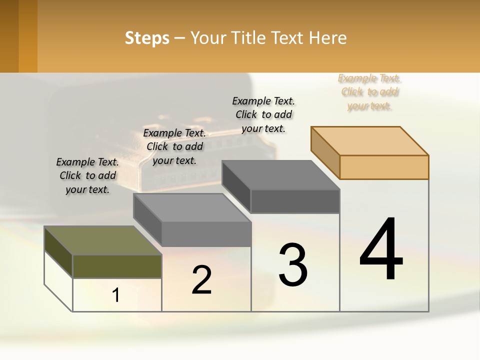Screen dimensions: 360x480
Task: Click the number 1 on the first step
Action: tap(116, 295)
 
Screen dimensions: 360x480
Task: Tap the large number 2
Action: tap(201, 279)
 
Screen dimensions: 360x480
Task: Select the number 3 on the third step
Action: tap(293, 264)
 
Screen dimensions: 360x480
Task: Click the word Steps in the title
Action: tap(147, 38)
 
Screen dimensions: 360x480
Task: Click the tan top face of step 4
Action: tap(369, 140)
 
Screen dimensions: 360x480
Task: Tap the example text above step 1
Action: tap(87, 175)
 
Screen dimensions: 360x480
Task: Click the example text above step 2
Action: tap(174, 146)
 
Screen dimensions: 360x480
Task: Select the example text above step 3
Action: tap(263, 114)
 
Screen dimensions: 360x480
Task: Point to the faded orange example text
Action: tap(369, 92)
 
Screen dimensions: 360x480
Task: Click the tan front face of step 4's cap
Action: tap(384, 167)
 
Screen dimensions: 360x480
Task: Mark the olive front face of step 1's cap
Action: tap(117, 266)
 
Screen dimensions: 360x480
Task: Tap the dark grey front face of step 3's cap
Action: tap(295, 201)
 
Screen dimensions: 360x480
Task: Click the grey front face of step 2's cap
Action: tap(206, 234)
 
